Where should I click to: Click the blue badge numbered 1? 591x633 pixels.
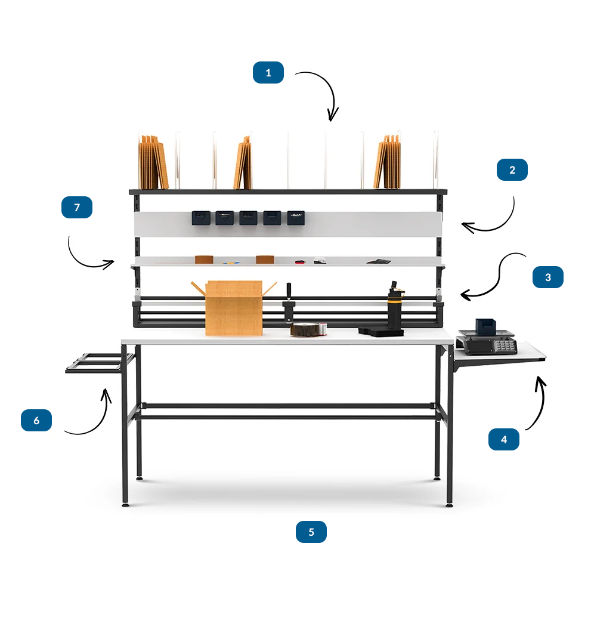[268, 73]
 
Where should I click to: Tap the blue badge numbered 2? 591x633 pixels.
[512, 170]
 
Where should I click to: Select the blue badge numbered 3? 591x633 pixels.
[548, 277]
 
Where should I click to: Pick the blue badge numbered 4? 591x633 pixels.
[503, 440]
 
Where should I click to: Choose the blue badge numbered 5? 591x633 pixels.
[311, 532]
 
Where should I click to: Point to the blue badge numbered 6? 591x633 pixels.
[36, 420]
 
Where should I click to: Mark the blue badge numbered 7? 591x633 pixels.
[77, 208]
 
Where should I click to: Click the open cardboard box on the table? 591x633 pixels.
[234, 308]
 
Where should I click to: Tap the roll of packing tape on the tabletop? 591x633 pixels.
[308, 329]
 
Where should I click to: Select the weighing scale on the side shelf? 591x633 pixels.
[487, 338]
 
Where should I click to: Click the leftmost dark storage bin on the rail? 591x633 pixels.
[201, 218]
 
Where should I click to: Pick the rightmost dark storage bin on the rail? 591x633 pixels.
[296, 218]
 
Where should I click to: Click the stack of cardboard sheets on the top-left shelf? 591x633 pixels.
[153, 162]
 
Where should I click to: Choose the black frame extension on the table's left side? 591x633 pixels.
[100, 363]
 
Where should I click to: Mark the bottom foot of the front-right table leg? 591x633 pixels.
[449, 505]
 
